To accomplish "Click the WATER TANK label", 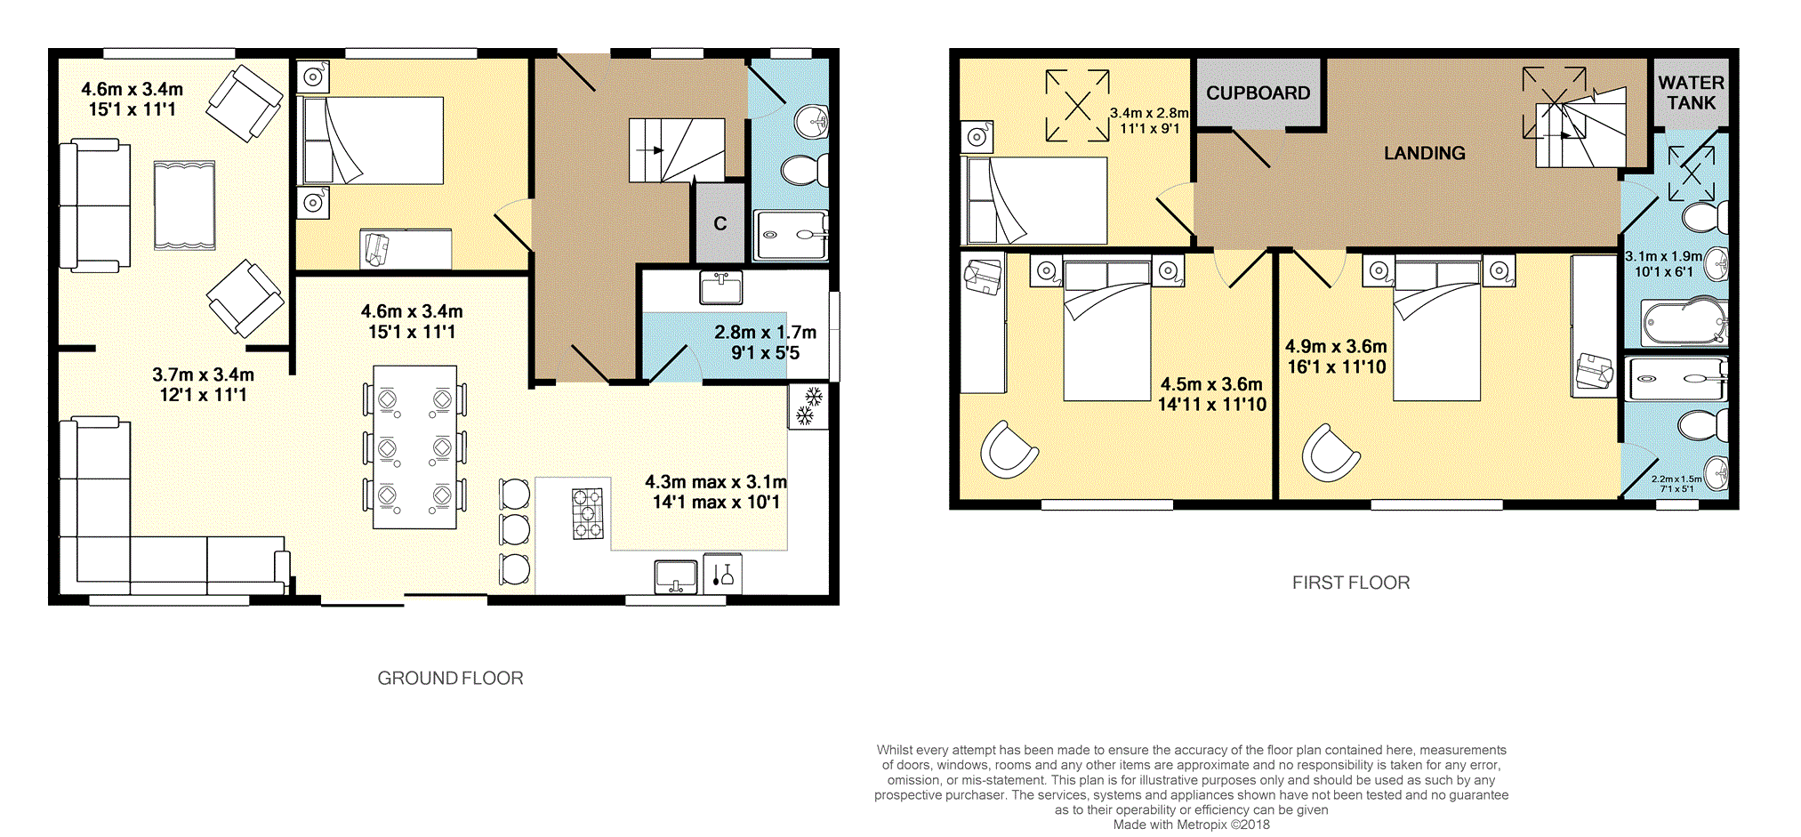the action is [1691, 93].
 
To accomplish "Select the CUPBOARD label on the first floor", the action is [1258, 93].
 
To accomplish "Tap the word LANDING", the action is [1424, 153].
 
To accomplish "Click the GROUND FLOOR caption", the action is [450, 678].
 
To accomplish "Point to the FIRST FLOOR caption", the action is [1351, 583].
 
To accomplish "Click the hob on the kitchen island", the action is [587, 514].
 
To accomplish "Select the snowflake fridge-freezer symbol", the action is [808, 406].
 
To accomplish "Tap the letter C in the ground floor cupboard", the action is [720, 224].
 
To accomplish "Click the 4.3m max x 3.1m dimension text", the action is [716, 482].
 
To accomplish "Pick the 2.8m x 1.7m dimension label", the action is [765, 333].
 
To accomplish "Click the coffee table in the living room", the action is [184, 205].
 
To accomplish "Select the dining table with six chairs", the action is [414, 447].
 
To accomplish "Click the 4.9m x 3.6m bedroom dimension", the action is [1336, 347].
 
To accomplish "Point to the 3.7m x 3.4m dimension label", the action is [203, 375].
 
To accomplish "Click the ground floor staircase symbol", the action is [677, 150].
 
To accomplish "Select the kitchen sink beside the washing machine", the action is [676, 576].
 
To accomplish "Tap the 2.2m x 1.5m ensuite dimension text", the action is [1676, 479].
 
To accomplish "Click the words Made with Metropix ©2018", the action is [1192, 825].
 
